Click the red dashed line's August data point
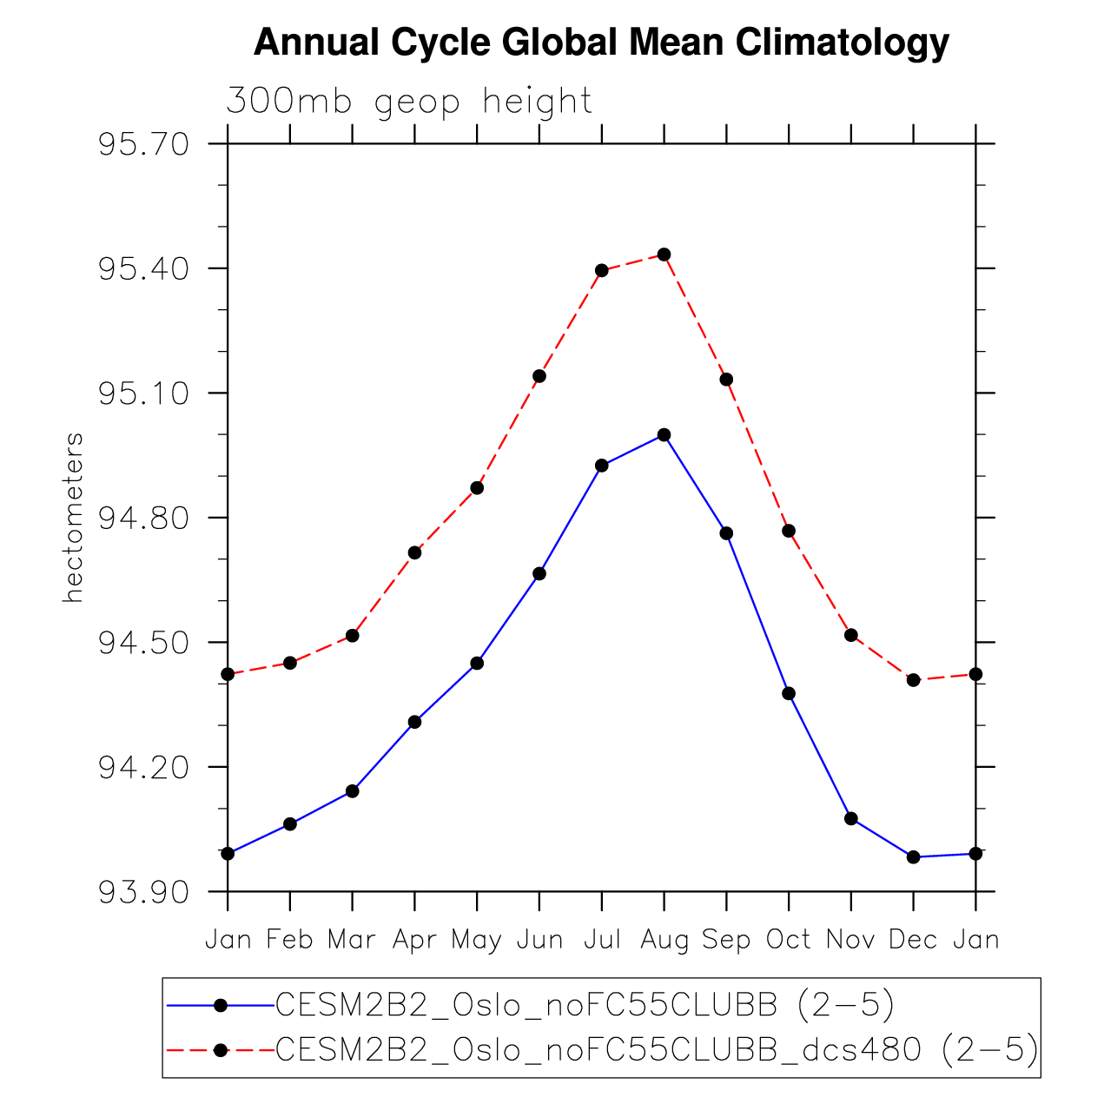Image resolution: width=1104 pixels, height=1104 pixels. (x=664, y=255)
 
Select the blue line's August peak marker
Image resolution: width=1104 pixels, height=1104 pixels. (x=664, y=434)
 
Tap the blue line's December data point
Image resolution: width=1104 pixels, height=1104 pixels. (x=913, y=857)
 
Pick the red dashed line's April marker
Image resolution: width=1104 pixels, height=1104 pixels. (x=414, y=552)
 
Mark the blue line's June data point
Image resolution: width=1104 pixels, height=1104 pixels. (x=539, y=573)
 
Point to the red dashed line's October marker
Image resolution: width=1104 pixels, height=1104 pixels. (x=789, y=531)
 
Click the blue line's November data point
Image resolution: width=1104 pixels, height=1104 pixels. (x=851, y=818)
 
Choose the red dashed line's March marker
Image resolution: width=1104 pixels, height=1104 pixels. (x=352, y=636)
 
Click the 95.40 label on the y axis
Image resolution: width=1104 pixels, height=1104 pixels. (x=143, y=268)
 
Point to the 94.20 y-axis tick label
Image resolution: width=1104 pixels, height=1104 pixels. (x=143, y=768)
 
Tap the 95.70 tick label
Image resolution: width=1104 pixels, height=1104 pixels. (x=143, y=144)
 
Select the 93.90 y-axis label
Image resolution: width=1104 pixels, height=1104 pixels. (x=143, y=893)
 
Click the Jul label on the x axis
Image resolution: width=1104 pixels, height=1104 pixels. (x=601, y=940)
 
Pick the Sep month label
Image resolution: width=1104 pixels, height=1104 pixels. (x=726, y=940)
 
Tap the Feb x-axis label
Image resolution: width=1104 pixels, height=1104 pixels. (x=290, y=940)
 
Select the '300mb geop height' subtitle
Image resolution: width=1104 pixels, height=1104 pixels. (x=409, y=102)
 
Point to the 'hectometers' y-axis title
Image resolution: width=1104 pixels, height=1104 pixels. (x=74, y=518)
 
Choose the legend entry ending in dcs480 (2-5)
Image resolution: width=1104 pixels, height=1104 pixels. (x=657, y=1050)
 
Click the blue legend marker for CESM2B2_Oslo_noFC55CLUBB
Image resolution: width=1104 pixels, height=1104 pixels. (x=221, y=1005)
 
